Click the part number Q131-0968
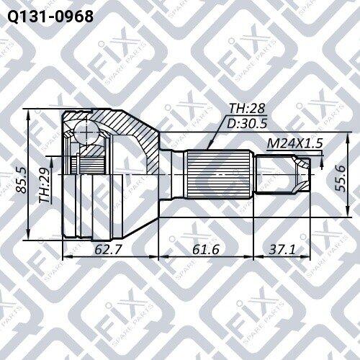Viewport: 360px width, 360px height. (50, 17)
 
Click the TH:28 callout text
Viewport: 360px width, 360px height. (247, 109)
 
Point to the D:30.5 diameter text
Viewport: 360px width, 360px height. (247, 124)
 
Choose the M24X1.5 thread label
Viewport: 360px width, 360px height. (294, 144)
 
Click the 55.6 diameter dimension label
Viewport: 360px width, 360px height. (341, 178)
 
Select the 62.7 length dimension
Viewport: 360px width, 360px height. (107, 249)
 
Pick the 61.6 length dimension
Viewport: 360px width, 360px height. (206, 249)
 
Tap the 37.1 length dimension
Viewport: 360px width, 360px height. (282, 249)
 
